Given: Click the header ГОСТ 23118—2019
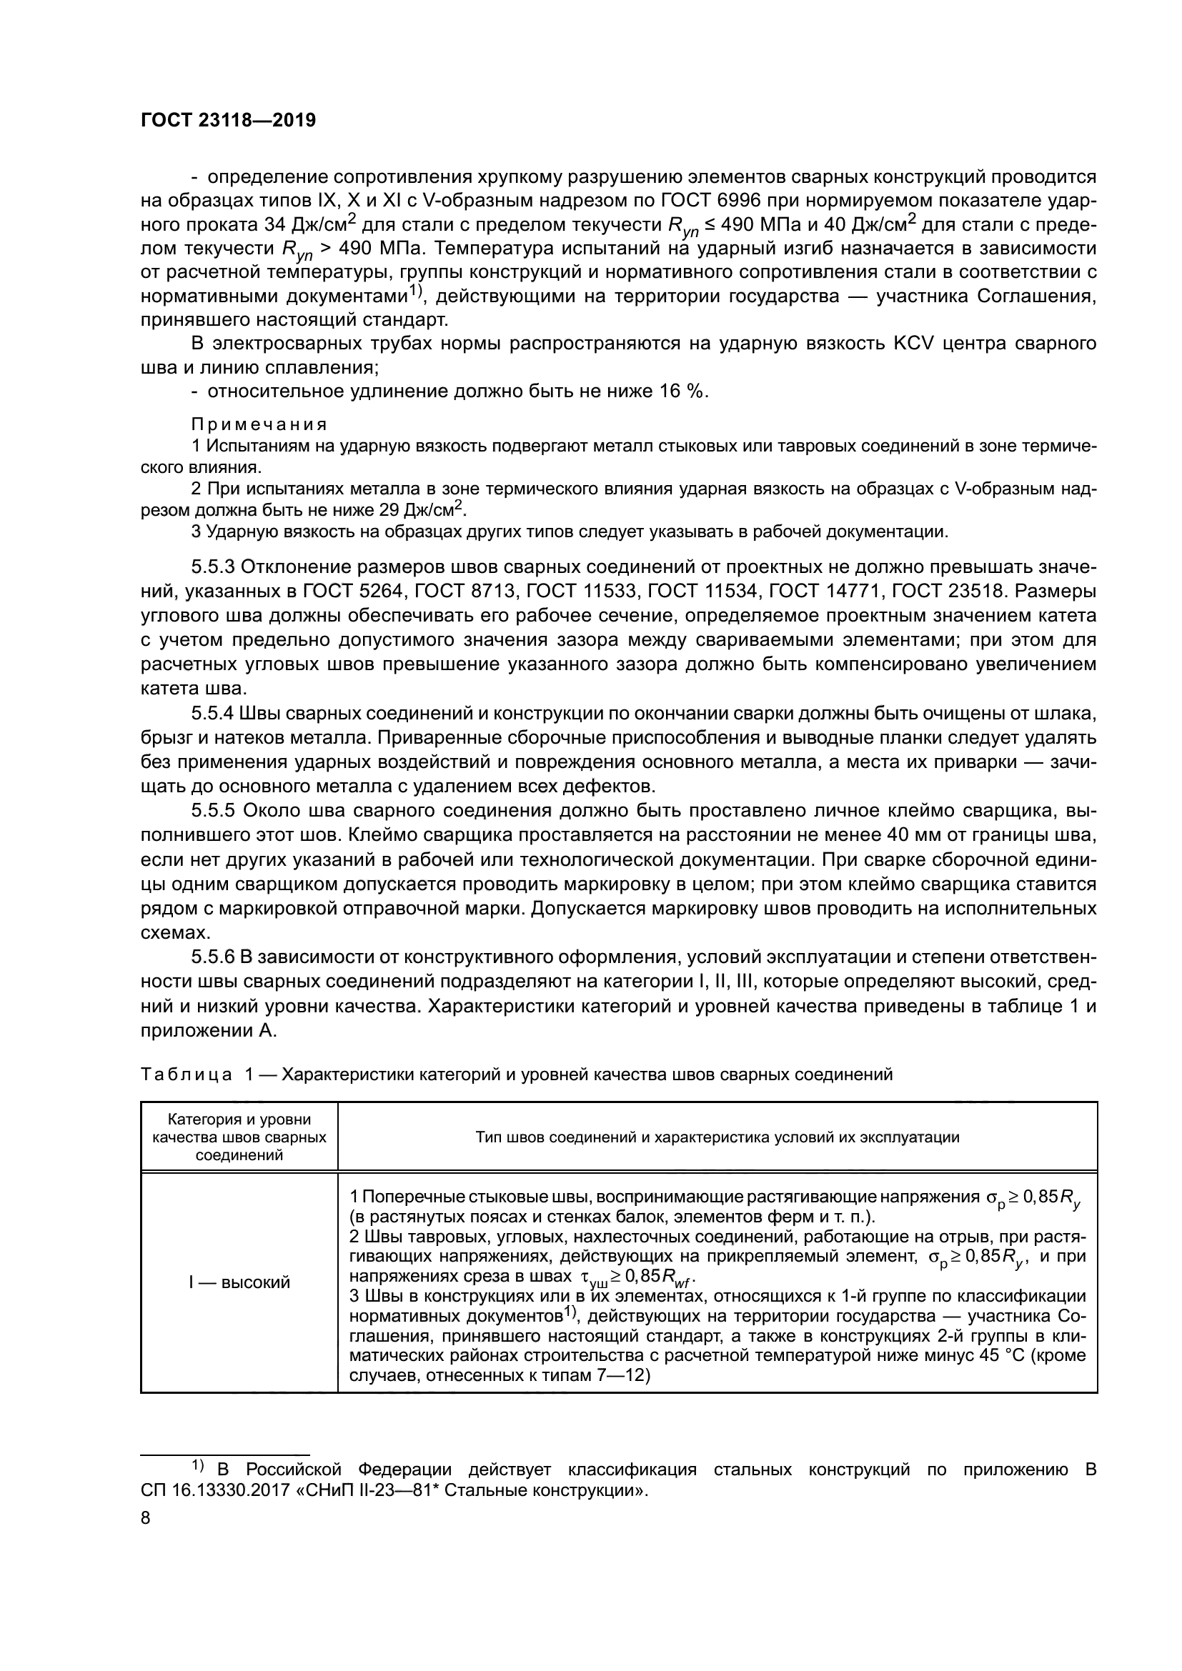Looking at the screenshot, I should [228, 121].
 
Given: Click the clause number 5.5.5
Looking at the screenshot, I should [213, 811].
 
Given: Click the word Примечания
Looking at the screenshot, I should [259, 424].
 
